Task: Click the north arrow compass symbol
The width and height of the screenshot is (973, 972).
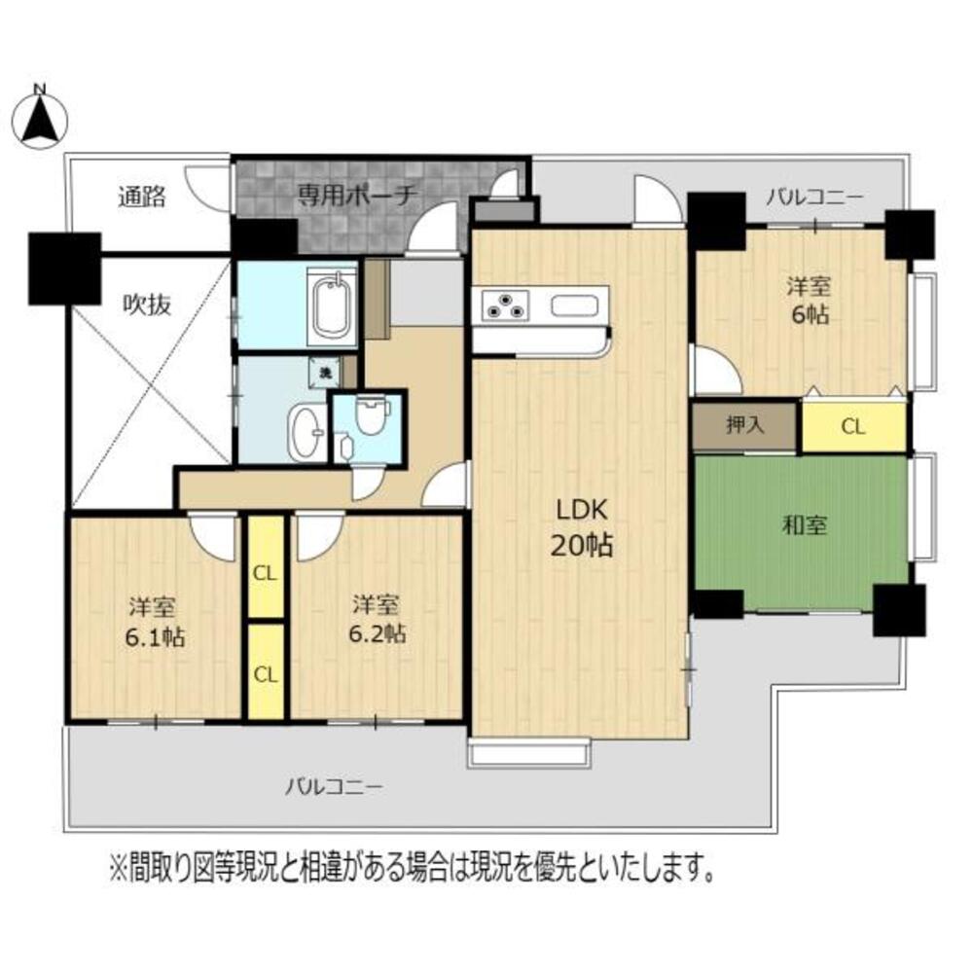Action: coord(41,115)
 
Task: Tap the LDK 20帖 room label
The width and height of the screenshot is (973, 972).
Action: coord(583,527)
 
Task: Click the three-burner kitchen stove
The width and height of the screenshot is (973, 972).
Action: coord(505,304)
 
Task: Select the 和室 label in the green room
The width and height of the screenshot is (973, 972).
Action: coord(805,526)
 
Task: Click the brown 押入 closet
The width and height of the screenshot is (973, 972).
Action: coord(745,426)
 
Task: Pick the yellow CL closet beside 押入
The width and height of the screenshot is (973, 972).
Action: coord(853,426)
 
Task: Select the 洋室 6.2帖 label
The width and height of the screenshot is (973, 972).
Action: coord(377,619)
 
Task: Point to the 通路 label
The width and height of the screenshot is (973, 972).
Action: coord(142,198)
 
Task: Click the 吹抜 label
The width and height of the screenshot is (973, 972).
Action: coord(146,305)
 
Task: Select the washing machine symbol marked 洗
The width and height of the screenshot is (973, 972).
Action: coord(320,370)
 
